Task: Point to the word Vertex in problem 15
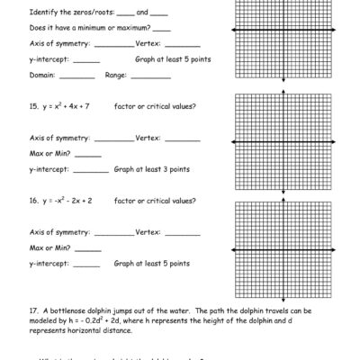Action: (x=148, y=138)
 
